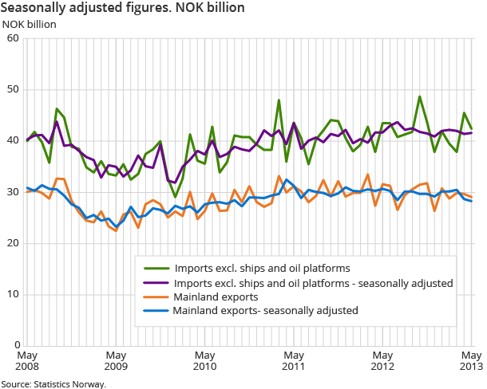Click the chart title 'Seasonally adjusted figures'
click(122, 7)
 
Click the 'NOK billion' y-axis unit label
click(30, 23)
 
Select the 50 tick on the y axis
click(14, 89)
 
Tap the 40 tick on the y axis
click(14, 140)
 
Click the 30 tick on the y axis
click(14, 192)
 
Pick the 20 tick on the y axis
click(14, 243)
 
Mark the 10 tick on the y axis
click(14, 295)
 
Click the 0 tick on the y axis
click(17, 346)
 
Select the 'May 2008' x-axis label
click(28, 360)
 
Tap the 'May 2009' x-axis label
click(117, 360)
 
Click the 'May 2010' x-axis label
click(205, 360)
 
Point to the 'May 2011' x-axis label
click(294, 360)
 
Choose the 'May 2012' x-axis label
click(382, 360)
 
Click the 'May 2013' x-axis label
click(470, 360)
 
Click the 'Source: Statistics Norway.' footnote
click(53, 383)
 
